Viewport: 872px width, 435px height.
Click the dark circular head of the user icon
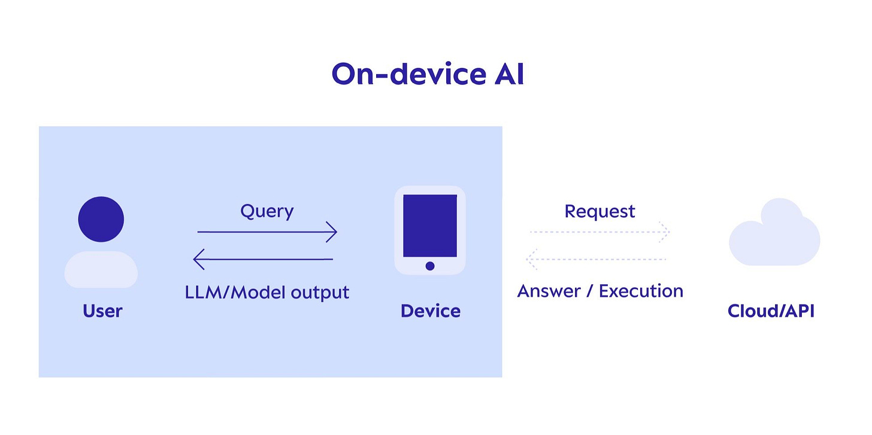(x=101, y=219)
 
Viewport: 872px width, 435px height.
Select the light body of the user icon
(x=101, y=269)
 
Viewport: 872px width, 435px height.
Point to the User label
(x=102, y=311)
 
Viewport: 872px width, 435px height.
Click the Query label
(x=267, y=211)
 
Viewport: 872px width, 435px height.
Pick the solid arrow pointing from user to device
(x=267, y=232)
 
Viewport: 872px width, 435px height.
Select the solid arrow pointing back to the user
(x=264, y=260)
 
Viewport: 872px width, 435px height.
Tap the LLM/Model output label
(x=267, y=293)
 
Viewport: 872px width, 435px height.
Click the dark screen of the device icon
(x=430, y=226)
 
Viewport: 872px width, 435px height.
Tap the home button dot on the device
(x=430, y=266)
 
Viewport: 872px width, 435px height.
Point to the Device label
(x=431, y=311)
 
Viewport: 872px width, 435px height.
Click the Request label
(x=599, y=211)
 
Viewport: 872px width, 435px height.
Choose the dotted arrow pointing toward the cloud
(x=599, y=232)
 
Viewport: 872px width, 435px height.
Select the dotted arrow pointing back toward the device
(x=596, y=260)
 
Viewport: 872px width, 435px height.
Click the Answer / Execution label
(x=600, y=291)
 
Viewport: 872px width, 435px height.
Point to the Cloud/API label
(x=771, y=311)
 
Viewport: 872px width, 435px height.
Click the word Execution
(x=641, y=291)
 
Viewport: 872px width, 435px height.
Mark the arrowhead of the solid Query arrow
(x=332, y=232)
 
